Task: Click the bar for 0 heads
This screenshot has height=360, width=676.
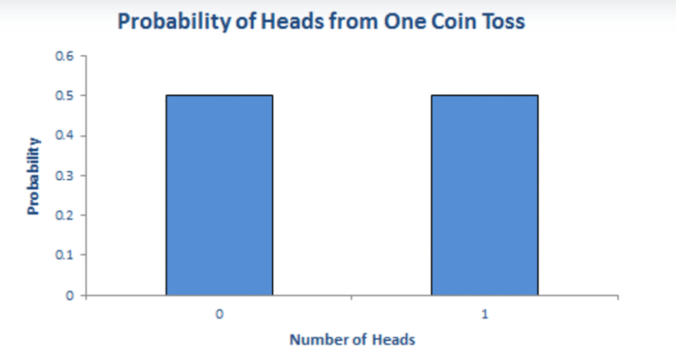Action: pos(219,195)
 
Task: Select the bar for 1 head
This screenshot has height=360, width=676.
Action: pos(485,195)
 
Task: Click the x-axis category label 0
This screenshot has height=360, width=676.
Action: pos(219,316)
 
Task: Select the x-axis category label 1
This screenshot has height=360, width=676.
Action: pos(485,316)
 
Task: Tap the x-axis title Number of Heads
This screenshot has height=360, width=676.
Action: pos(353,340)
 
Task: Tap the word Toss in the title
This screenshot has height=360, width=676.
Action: pos(503,22)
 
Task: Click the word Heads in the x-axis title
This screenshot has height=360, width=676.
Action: pos(394,340)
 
